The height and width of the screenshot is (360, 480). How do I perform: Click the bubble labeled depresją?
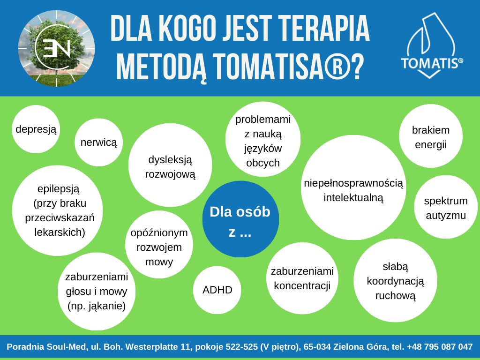[36, 129]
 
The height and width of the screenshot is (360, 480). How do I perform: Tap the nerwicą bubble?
[98, 142]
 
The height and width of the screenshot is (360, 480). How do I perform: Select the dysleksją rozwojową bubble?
[170, 165]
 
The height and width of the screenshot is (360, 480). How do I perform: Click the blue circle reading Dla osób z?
[240, 219]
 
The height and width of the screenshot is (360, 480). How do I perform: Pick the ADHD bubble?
[217, 290]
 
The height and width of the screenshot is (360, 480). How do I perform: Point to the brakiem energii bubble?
[431, 136]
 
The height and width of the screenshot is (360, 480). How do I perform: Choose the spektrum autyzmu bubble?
[446, 207]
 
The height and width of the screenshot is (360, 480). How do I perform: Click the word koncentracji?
[302, 285]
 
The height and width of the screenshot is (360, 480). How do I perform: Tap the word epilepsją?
[59, 189]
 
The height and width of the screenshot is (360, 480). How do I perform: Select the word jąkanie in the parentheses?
[105, 306]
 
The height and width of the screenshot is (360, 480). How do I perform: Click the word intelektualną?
[353, 198]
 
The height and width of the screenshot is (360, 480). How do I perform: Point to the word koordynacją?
[396, 281]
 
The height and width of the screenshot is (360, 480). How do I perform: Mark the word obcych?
[263, 163]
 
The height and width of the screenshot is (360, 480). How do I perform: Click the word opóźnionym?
[159, 233]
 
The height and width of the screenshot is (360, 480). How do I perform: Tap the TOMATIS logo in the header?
[432, 46]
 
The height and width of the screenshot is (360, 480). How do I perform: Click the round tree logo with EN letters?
[56, 48]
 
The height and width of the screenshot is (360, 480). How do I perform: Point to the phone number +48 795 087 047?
[440, 346]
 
